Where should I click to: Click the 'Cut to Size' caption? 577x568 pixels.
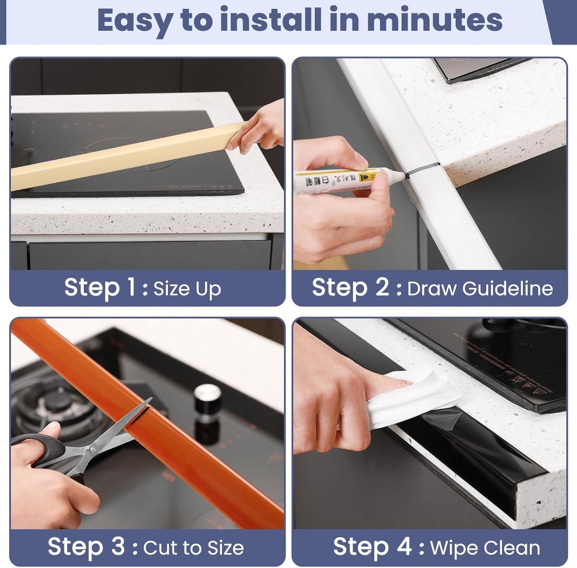pyautogui.click(x=193, y=548)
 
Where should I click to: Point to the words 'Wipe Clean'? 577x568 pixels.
pyautogui.click(x=485, y=548)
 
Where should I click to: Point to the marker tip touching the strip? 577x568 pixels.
pyautogui.click(x=404, y=174)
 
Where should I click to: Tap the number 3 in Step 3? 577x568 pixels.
pyautogui.click(x=118, y=546)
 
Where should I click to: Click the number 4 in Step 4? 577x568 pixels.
pyautogui.click(x=404, y=546)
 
